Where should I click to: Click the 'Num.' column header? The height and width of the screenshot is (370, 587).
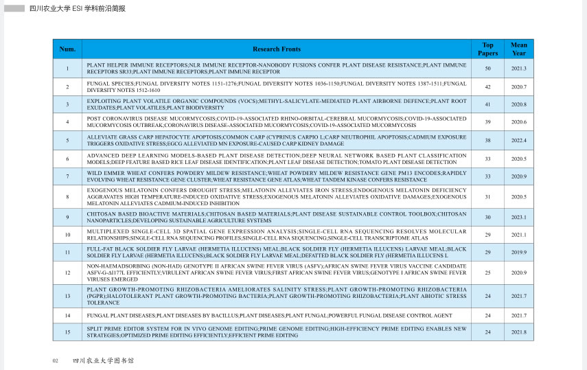click(67, 49)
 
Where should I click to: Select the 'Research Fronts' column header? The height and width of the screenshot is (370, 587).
click(277, 49)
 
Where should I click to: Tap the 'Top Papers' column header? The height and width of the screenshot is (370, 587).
click(487, 49)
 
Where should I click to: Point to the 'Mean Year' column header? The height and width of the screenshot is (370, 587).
click(519, 49)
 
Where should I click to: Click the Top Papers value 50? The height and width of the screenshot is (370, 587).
click(487, 69)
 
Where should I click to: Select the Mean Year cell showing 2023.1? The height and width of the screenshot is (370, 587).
click(519, 218)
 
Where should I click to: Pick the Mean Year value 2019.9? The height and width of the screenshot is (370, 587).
click(519, 253)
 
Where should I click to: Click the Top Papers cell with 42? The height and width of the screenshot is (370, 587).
click(487, 87)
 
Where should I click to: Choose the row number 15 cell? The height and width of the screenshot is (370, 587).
click(67, 332)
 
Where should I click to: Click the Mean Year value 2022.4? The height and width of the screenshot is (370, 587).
click(519, 141)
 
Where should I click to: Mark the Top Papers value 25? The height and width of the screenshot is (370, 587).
click(487, 273)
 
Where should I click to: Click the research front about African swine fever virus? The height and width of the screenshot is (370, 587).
click(277, 273)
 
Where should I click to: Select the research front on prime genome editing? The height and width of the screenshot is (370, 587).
click(277, 332)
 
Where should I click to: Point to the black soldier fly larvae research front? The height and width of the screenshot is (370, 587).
click(277, 253)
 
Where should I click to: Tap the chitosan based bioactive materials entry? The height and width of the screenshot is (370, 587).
click(277, 218)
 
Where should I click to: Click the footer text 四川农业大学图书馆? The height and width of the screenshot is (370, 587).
click(103, 360)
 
